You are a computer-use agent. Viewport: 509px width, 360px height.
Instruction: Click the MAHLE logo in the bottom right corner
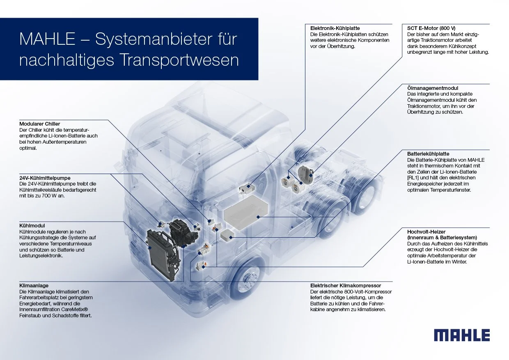[462, 335]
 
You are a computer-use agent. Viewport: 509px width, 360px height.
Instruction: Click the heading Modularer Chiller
[40, 124]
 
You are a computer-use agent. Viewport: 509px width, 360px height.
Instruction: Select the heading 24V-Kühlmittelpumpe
[45, 178]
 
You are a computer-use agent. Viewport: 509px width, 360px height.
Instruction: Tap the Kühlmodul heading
[32, 225]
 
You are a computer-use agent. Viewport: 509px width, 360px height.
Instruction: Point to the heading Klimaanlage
[34, 285]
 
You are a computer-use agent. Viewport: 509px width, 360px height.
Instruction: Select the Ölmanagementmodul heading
[433, 88]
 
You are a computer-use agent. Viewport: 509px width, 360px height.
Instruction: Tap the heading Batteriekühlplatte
[428, 154]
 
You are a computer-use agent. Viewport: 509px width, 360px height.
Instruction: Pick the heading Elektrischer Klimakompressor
[346, 285]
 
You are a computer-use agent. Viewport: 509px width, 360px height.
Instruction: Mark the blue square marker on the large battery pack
[258, 216]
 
